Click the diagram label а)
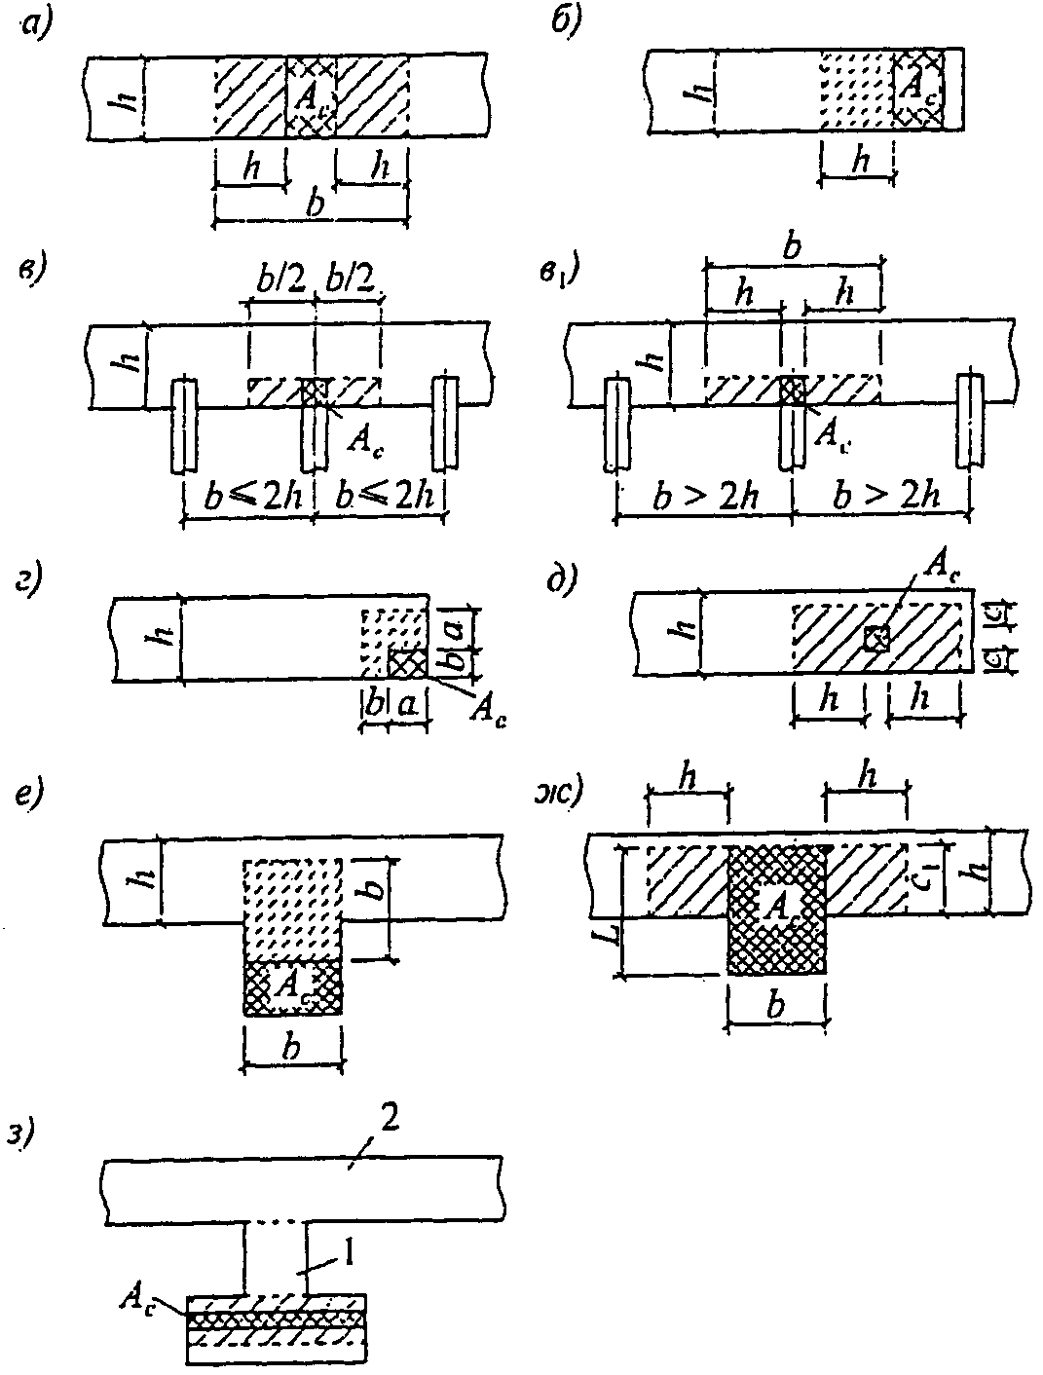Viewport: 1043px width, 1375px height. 36,28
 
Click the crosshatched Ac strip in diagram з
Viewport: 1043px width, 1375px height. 276,1318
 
